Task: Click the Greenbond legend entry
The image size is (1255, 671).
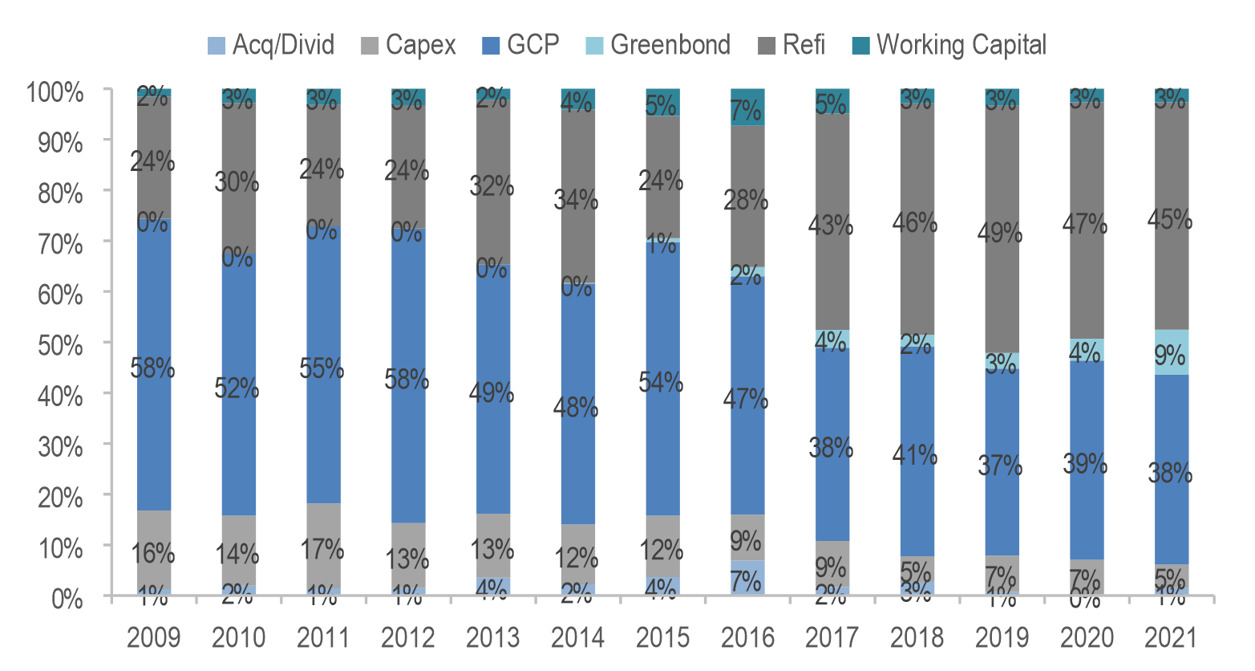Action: [x=670, y=45]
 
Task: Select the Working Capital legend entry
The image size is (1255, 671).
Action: [x=961, y=45]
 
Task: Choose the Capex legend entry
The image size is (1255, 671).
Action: [x=419, y=45]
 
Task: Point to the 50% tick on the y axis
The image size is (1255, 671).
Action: [x=60, y=345]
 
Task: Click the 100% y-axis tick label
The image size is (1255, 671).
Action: [x=55, y=92]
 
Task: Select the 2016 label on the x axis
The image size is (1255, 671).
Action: [x=747, y=638]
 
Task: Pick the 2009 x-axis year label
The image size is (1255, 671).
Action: [x=154, y=638]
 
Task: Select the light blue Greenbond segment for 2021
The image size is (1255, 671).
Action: [x=1172, y=353]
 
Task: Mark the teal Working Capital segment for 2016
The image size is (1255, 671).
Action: [x=747, y=108]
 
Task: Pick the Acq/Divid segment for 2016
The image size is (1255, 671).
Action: [x=747, y=578]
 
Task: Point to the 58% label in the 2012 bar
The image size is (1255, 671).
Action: [x=407, y=379]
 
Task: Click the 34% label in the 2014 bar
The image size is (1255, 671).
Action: [x=577, y=199]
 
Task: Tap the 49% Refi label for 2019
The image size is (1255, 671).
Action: [x=1000, y=234]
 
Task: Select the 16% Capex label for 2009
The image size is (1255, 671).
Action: [x=153, y=553]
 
